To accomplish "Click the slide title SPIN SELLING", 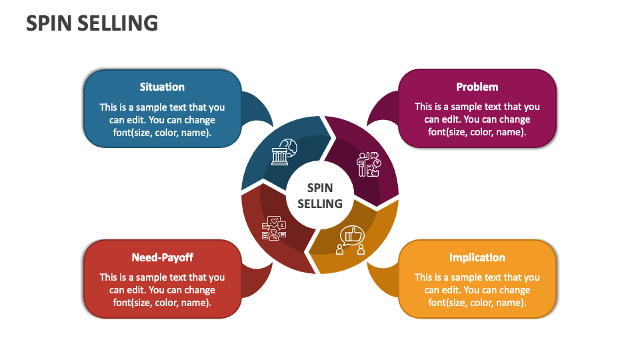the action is tap(92, 23).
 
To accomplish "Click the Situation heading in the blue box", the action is tap(162, 87).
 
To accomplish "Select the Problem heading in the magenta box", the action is tap(477, 87).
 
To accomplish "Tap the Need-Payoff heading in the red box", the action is tap(163, 257).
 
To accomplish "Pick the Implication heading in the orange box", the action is tap(477, 257).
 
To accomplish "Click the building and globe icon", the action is tap(285, 152).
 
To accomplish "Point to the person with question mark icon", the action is tap(369, 165).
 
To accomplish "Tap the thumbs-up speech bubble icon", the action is tap(351, 240).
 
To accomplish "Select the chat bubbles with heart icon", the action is tap(273, 228).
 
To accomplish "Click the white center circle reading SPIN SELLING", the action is tap(320, 195).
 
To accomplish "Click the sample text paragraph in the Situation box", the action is tap(162, 120).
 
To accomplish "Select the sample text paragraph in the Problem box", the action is tap(477, 119).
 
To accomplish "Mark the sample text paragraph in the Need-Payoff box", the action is tap(162, 290).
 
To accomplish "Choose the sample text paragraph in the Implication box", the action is tap(477, 290).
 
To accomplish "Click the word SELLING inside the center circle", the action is tap(320, 204).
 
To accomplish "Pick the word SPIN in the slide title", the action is tap(49, 23).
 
